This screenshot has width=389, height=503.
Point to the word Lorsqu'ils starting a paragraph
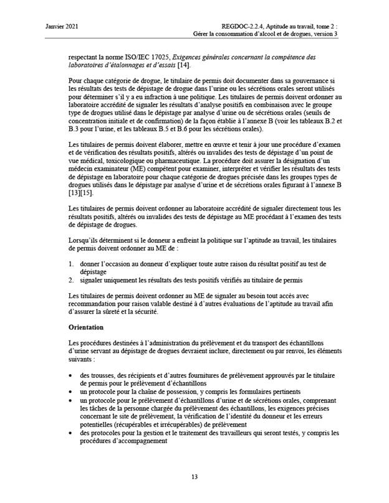(88, 239)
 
